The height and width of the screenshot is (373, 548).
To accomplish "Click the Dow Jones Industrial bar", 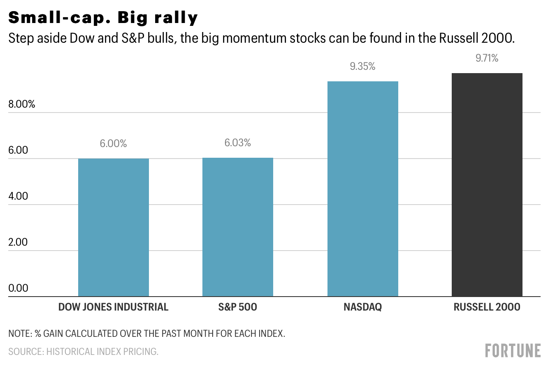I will (113, 227).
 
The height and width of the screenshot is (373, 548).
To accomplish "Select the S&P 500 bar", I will (238, 227).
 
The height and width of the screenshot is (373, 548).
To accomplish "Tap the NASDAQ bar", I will (362, 189).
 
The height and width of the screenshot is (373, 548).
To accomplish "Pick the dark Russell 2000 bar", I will (487, 184).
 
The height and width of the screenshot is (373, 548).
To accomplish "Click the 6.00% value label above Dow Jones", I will (113, 144).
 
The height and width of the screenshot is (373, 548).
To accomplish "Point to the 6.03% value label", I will (237, 143).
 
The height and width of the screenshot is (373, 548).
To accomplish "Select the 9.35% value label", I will (362, 67).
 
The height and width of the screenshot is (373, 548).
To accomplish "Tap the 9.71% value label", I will (487, 58).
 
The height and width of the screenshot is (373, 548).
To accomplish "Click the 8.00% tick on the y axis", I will (22, 104).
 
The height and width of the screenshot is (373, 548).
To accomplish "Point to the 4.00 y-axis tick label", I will (19, 196).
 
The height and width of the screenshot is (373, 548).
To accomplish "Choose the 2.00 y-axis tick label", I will (19, 242).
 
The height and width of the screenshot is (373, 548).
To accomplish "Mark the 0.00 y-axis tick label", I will (19, 288).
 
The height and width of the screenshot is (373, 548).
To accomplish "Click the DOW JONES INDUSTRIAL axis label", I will (113, 307).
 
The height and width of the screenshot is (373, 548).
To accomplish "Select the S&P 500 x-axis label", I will (237, 307).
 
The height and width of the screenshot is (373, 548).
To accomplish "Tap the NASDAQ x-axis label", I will (362, 307).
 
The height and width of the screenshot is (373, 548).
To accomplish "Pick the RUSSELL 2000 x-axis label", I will (487, 307).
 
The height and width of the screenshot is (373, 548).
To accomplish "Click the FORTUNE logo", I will (513, 351).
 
